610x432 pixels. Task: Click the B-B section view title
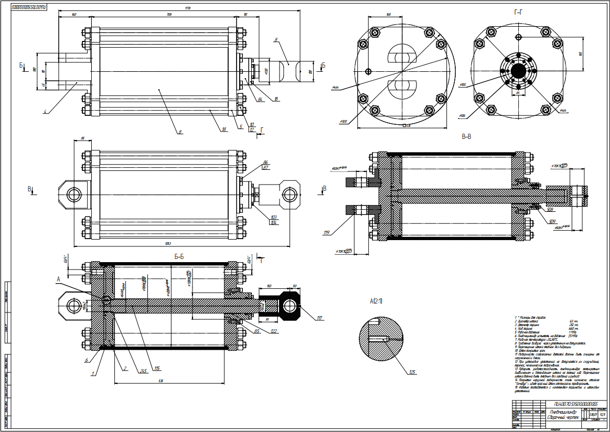click(466, 136)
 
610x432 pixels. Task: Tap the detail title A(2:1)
click(376, 301)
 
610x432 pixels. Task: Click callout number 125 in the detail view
click(413, 373)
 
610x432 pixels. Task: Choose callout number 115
click(157, 369)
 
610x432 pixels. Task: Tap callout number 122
click(274, 331)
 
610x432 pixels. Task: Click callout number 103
click(273, 217)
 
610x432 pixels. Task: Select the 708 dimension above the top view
click(169, 15)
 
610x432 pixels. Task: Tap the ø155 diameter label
click(463, 84)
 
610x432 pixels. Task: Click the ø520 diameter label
click(344, 122)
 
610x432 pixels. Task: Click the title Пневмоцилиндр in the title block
click(561, 412)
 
